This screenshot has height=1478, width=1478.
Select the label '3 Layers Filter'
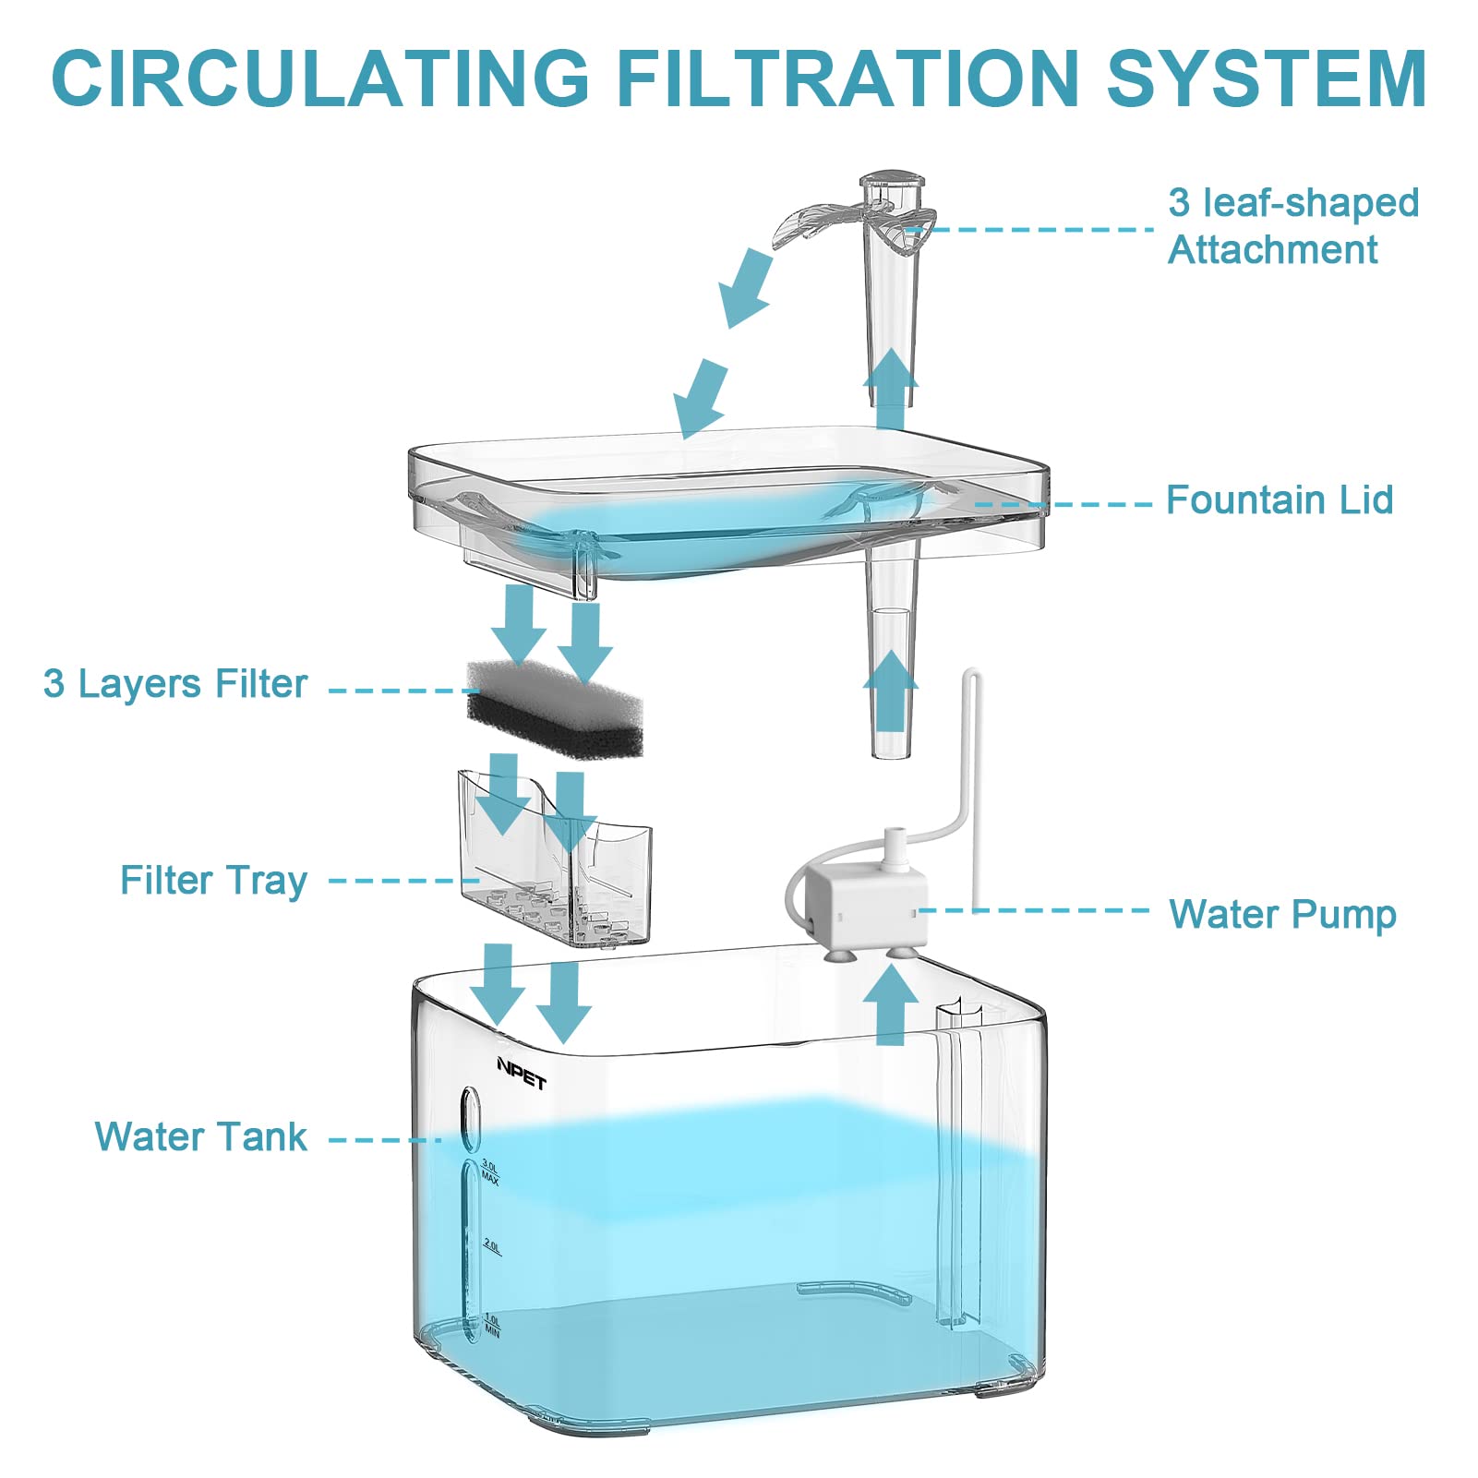tap(175, 684)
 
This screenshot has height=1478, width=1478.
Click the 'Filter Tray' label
tap(213, 881)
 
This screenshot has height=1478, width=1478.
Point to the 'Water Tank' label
tap(200, 1136)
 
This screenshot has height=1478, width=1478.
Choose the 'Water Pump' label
tap(1282, 914)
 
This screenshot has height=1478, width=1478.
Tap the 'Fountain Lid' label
tap(1280, 500)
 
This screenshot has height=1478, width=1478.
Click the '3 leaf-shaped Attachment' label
tap(1292, 226)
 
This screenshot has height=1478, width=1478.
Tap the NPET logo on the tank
tap(522, 1074)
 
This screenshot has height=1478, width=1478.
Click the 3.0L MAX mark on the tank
tap(490, 1172)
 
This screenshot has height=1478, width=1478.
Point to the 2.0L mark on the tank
tap(492, 1247)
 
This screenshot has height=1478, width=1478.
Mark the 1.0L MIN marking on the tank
tap(492, 1326)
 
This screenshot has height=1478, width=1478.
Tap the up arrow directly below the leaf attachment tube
tap(890, 388)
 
